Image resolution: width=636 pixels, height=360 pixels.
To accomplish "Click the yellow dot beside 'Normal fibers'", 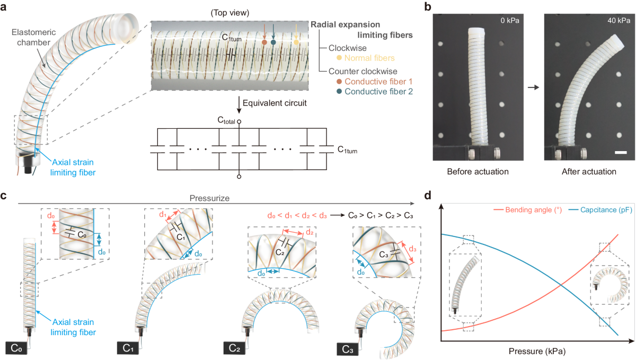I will tap(339, 57).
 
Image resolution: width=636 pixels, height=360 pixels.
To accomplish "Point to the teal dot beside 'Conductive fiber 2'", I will tap(339, 91).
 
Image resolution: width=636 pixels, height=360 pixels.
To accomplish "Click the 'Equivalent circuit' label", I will tap(273, 102).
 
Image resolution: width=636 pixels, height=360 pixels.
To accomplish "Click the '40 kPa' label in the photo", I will tap(611, 21).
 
